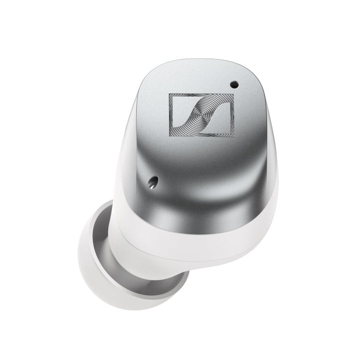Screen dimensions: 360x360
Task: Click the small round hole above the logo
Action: (x=234, y=85)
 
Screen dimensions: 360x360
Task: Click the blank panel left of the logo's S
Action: (x=177, y=111)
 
